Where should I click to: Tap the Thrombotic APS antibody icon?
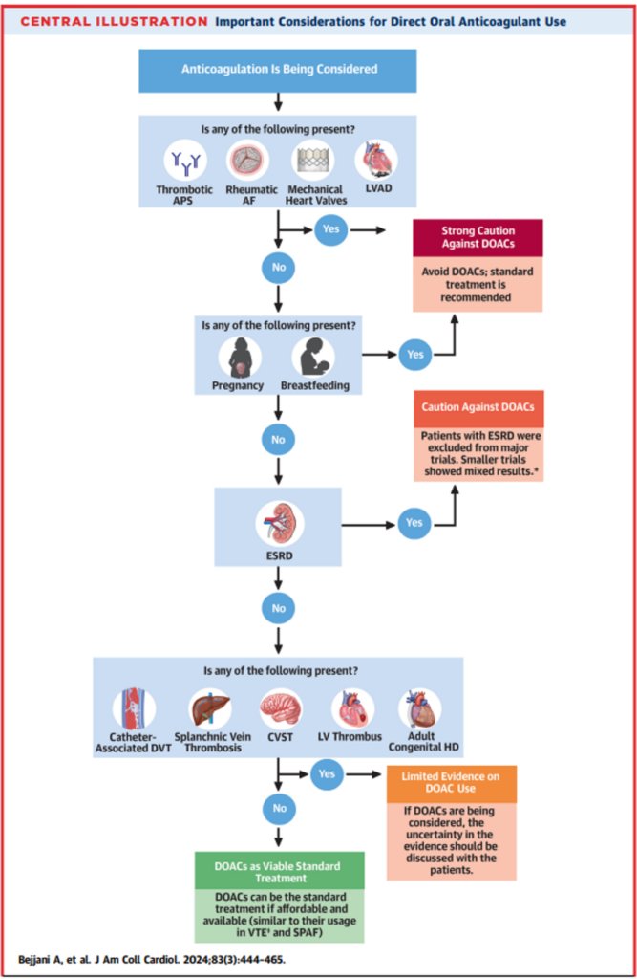pos(185,161)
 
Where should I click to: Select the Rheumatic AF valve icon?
pos(248,161)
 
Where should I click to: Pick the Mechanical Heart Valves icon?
pos(313,161)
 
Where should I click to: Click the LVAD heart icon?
pos(377,160)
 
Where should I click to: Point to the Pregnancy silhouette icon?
pos(240,358)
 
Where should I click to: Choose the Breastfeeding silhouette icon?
pos(313,358)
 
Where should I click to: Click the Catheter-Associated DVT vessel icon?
pos(134,709)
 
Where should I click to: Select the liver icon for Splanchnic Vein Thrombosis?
pos(210,709)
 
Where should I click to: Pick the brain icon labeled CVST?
pos(281,709)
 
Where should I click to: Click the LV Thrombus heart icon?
pos(353,709)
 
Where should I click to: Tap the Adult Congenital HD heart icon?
pos(420,709)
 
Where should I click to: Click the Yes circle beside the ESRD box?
pos(414,523)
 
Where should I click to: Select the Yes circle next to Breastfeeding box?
pos(414,354)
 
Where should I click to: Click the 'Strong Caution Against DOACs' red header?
pos(478,237)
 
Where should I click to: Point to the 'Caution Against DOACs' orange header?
pos(478,408)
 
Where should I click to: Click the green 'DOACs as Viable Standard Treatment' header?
pos(280,871)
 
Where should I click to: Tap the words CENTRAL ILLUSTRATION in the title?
pos(115,22)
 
